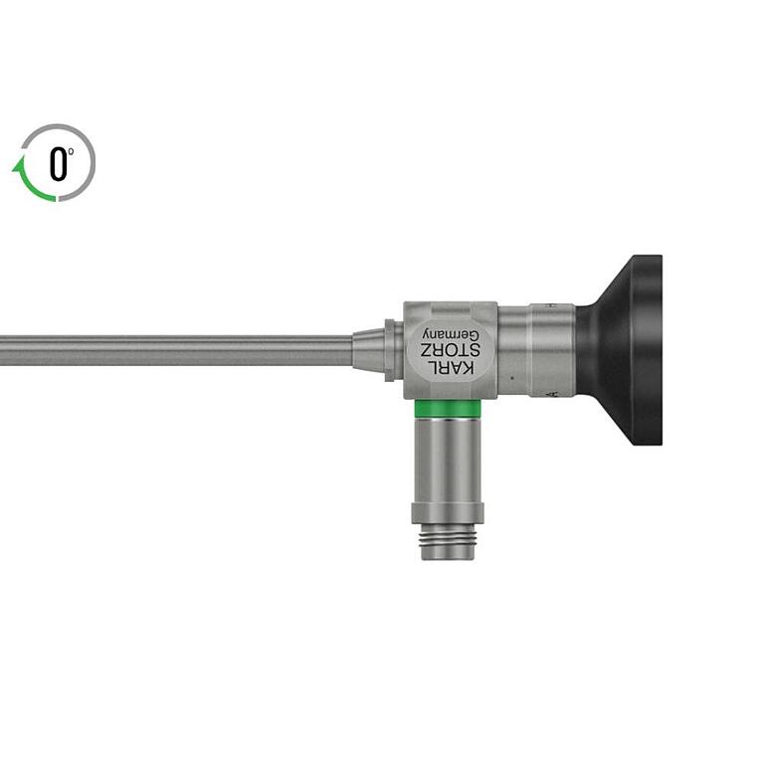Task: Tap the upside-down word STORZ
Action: click(x=451, y=351)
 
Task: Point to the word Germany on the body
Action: click(x=452, y=334)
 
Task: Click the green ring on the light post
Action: click(x=448, y=408)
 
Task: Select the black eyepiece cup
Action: click(x=621, y=350)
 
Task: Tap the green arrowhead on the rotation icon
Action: click(x=19, y=165)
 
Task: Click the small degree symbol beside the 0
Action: click(x=72, y=151)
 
